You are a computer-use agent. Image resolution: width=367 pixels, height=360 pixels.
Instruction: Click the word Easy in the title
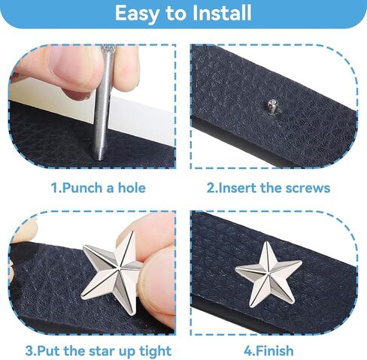point(138,14)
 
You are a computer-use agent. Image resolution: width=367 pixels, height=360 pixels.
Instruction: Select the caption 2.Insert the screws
point(268,187)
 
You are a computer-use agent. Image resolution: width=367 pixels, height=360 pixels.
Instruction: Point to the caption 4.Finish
point(268,350)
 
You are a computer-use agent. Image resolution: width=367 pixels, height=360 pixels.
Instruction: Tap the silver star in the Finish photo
point(268,270)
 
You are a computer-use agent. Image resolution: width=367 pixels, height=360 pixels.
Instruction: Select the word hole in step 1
point(129,187)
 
